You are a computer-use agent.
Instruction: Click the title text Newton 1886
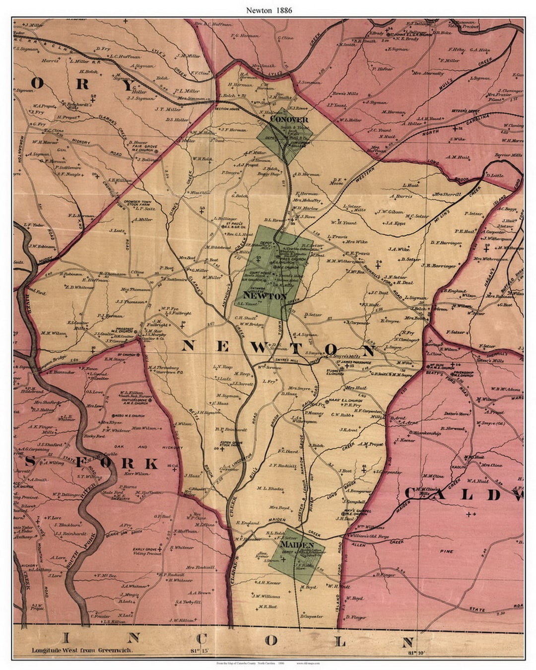point(268,9)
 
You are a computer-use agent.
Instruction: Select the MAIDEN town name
point(297,544)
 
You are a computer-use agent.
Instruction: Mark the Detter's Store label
point(456,413)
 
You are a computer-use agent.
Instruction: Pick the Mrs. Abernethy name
point(428,73)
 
